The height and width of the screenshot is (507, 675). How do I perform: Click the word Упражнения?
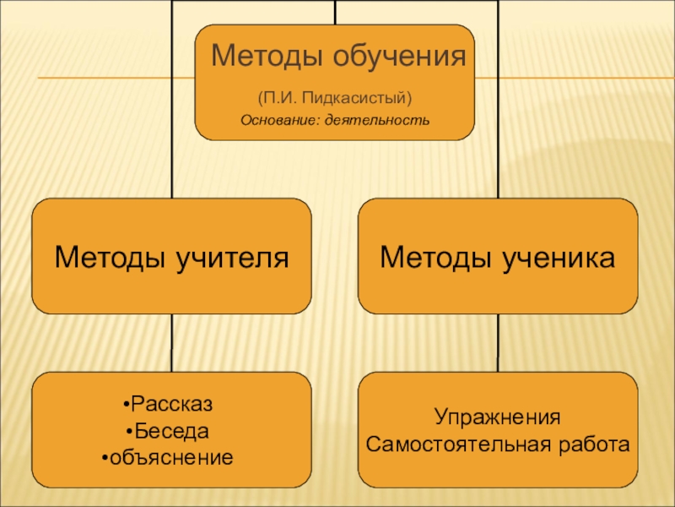pos(498,417)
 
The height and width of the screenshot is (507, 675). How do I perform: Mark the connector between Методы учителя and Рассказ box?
pos(172,343)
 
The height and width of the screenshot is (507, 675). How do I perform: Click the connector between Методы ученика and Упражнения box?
pos(498,343)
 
